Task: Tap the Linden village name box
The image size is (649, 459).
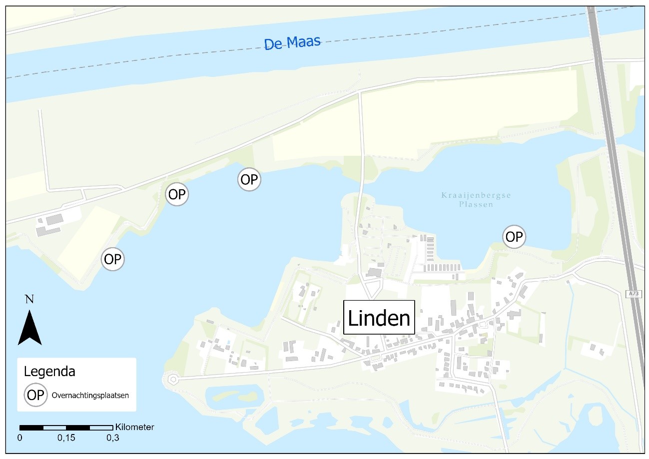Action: click(x=379, y=318)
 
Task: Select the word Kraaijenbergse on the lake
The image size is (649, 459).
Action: click(x=476, y=195)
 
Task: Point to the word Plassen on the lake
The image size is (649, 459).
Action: click(x=476, y=204)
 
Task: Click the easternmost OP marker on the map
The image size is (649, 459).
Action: click(x=514, y=236)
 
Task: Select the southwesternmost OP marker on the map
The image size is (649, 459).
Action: click(x=113, y=260)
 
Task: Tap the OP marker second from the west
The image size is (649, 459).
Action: click(x=177, y=195)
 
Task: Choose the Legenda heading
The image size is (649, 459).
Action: click(x=49, y=372)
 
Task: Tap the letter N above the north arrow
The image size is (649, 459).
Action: click(x=29, y=299)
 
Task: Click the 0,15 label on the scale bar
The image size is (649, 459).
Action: click(x=66, y=438)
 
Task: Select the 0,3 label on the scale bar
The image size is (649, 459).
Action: click(x=112, y=438)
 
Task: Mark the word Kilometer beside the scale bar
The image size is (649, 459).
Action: click(x=134, y=427)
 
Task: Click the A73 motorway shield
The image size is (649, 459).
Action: click(x=633, y=294)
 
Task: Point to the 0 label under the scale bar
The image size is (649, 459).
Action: click(x=20, y=438)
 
